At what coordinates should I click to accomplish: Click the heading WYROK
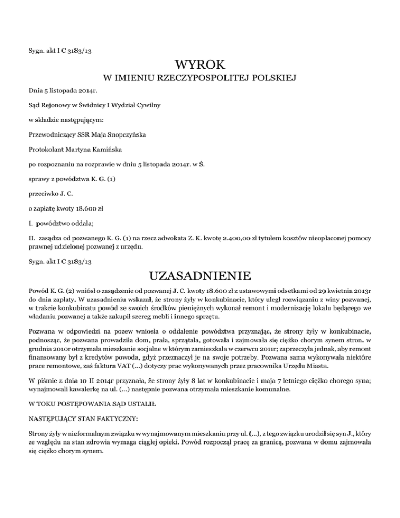tap(200, 66)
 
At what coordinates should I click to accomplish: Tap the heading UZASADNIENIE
tap(200, 275)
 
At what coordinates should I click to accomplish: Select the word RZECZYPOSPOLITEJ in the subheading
tap(199, 79)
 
